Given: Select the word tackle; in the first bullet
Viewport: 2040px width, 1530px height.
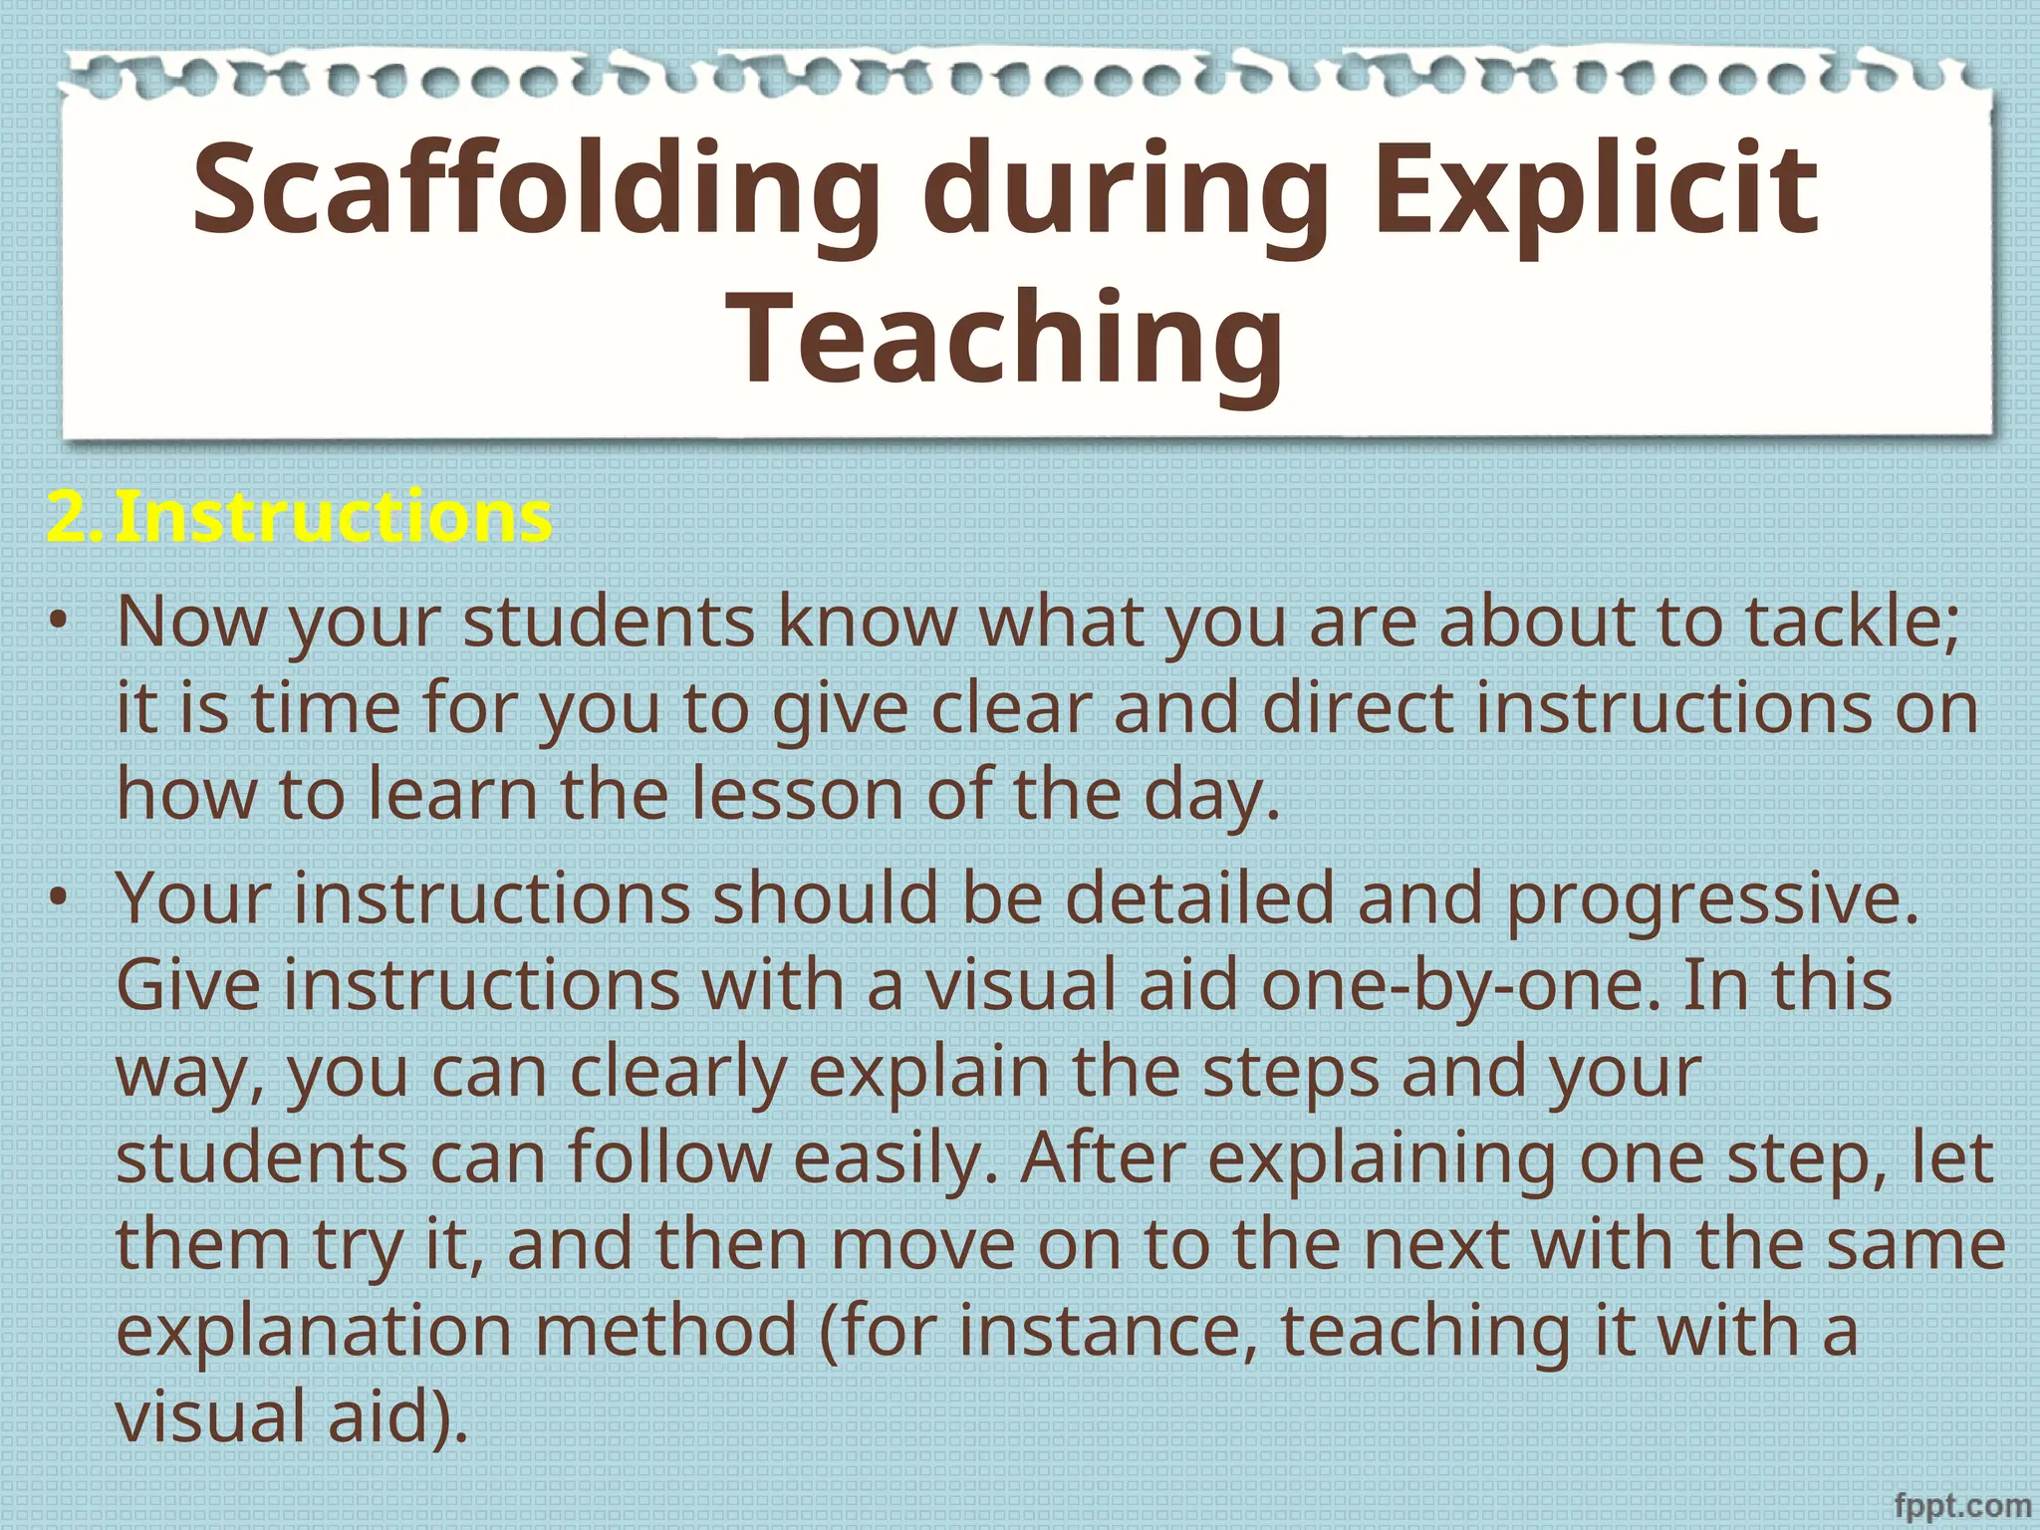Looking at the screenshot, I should [1852, 622].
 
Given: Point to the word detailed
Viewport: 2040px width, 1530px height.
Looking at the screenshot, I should [1199, 897].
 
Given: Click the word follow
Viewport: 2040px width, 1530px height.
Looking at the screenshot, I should [669, 1158].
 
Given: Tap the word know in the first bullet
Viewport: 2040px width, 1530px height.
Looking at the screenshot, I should [867, 622].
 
